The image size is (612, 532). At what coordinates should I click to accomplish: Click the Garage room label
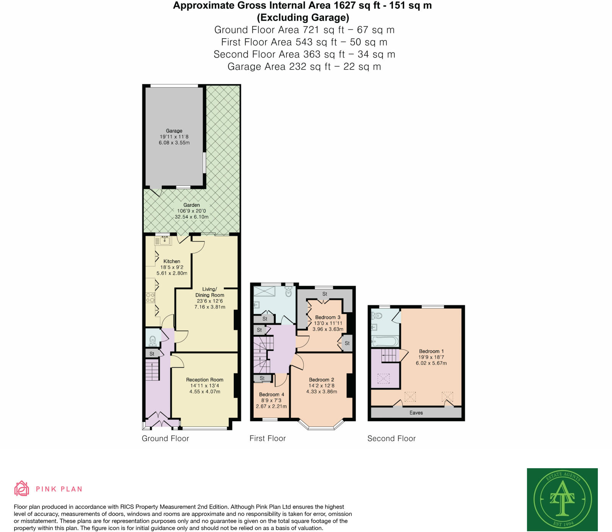(x=174, y=131)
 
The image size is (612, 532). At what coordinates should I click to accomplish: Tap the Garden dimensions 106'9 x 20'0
(x=191, y=211)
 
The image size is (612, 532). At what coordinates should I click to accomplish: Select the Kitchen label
(x=172, y=261)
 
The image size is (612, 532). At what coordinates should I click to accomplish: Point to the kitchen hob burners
(x=150, y=297)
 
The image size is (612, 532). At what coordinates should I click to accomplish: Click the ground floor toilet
(x=153, y=340)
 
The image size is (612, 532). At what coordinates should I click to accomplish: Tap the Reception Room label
(x=205, y=380)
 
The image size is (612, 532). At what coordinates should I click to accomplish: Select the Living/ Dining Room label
(x=210, y=292)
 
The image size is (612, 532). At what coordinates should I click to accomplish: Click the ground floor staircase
(x=152, y=371)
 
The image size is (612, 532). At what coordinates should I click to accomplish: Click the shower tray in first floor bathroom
(x=264, y=291)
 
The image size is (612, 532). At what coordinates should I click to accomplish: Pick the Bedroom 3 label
(x=327, y=317)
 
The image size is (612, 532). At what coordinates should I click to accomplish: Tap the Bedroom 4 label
(x=272, y=394)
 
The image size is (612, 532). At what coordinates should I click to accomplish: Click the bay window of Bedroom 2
(x=321, y=425)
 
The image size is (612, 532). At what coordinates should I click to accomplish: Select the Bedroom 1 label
(x=431, y=351)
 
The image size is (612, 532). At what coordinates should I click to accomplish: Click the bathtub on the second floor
(x=385, y=341)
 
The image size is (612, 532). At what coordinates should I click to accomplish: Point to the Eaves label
(x=416, y=413)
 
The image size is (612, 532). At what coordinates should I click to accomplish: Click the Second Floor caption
(x=391, y=438)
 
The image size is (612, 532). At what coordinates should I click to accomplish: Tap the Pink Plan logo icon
(x=21, y=488)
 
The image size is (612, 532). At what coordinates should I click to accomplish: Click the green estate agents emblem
(x=562, y=499)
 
